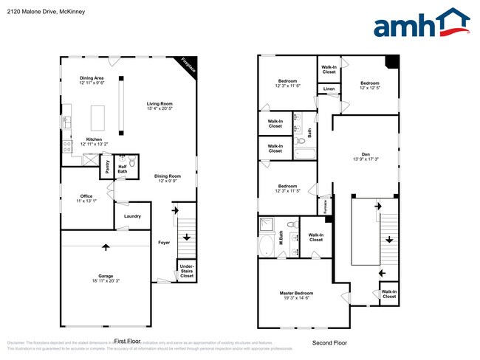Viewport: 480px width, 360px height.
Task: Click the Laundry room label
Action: point(132,216)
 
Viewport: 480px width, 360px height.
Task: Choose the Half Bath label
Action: point(123,169)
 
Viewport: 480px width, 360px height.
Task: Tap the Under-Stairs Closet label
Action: point(187,271)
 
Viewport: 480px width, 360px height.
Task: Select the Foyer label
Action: point(164,242)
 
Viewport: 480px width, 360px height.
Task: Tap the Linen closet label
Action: point(329,89)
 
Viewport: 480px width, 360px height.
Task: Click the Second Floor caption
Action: point(329,343)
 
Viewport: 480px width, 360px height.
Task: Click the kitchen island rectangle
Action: point(97,117)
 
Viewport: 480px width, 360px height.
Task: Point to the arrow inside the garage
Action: point(106,247)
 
